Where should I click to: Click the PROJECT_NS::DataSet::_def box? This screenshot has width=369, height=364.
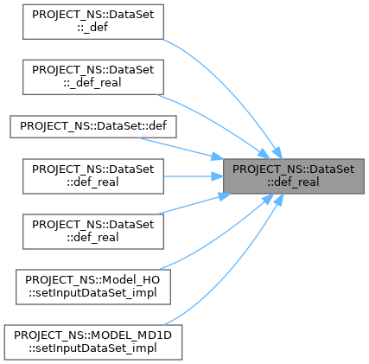(93, 22)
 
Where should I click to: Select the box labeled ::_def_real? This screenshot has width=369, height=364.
(93, 77)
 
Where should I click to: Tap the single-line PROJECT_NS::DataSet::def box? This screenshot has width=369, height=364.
(93, 126)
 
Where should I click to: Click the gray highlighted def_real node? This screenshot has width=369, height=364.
(294, 176)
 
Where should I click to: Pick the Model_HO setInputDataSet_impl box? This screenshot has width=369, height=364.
(93, 287)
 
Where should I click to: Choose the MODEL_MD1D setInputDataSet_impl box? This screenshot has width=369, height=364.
(93, 342)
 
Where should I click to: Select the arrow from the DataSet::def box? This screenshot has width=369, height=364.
(181, 148)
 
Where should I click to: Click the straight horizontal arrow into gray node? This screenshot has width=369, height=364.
(194, 176)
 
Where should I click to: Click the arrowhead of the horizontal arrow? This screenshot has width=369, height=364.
(217, 176)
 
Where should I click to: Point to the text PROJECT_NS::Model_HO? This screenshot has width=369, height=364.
(92, 280)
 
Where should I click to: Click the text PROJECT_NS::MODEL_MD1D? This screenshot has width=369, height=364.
(92, 335)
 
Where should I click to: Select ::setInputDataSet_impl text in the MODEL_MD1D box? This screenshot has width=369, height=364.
(92, 348)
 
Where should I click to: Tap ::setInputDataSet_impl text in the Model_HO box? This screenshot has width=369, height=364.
(92, 293)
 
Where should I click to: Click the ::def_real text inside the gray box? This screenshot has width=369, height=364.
(293, 182)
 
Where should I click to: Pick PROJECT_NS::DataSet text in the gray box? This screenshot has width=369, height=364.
(293, 169)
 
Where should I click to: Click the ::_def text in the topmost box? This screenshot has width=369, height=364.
(92, 28)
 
